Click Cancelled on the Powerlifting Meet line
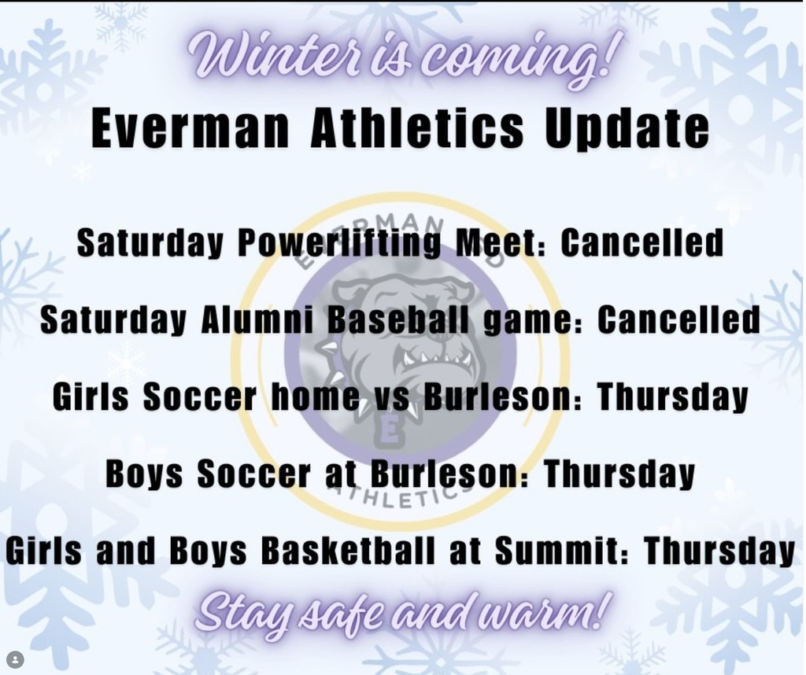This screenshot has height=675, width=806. tap(641, 243)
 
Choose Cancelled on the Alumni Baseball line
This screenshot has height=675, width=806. tap(678, 320)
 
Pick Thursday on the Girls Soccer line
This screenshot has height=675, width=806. tap(673, 397)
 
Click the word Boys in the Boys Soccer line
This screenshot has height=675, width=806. tap(144, 474)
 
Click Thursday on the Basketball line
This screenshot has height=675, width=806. tap(719, 551)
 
